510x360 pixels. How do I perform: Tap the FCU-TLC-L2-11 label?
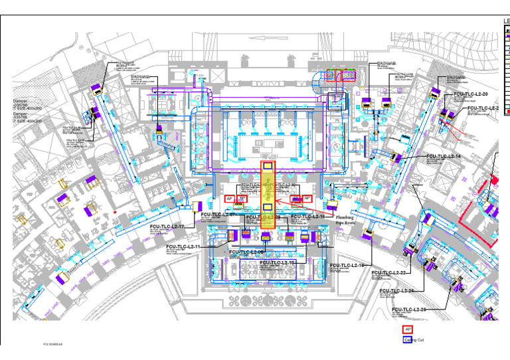point(183,246)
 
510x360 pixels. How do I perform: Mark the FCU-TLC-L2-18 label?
point(347,265)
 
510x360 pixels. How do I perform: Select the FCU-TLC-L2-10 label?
point(278,262)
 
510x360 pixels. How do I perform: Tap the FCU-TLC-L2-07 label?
point(218,215)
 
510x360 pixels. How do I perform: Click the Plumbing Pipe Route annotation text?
point(345,220)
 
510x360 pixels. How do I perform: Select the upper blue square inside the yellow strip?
point(268,166)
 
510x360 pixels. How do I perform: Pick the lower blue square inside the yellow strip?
point(268,207)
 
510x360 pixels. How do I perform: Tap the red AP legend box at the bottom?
point(408,329)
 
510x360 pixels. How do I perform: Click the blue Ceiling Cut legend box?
point(408,340)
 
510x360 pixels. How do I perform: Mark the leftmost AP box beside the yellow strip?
point(229,199)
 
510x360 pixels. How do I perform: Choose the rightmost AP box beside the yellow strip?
point(307,199)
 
